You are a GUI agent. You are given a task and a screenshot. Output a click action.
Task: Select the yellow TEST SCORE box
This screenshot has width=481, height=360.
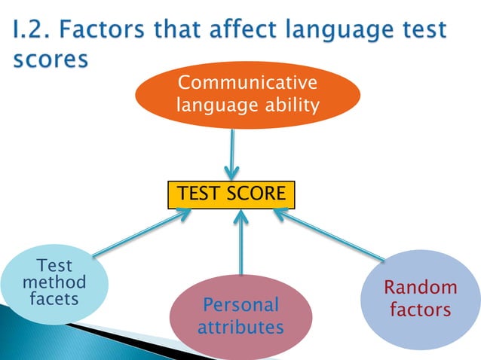click(x=231, y=194)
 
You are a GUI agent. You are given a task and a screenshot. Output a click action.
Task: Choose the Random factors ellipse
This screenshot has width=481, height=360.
click(x=420, y=297)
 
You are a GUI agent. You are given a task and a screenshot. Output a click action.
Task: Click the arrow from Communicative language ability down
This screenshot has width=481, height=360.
click(x=232, y=154)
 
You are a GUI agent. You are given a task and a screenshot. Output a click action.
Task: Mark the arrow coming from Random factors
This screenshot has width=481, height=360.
click(x=332, y=236)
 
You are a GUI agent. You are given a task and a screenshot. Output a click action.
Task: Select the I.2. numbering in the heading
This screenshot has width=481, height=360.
click(x=35, y=31)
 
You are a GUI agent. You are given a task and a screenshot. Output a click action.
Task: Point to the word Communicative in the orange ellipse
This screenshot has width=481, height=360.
click(x=247, y=83)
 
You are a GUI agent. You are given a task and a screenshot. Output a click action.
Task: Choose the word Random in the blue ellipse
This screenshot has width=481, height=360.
click(x=420, y=287)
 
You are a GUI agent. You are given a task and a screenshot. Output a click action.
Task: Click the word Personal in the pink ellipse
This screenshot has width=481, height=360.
click(x=240, y=305)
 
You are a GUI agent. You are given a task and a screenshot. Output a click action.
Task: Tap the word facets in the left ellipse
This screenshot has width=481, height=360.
click(x=54, y=299)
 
